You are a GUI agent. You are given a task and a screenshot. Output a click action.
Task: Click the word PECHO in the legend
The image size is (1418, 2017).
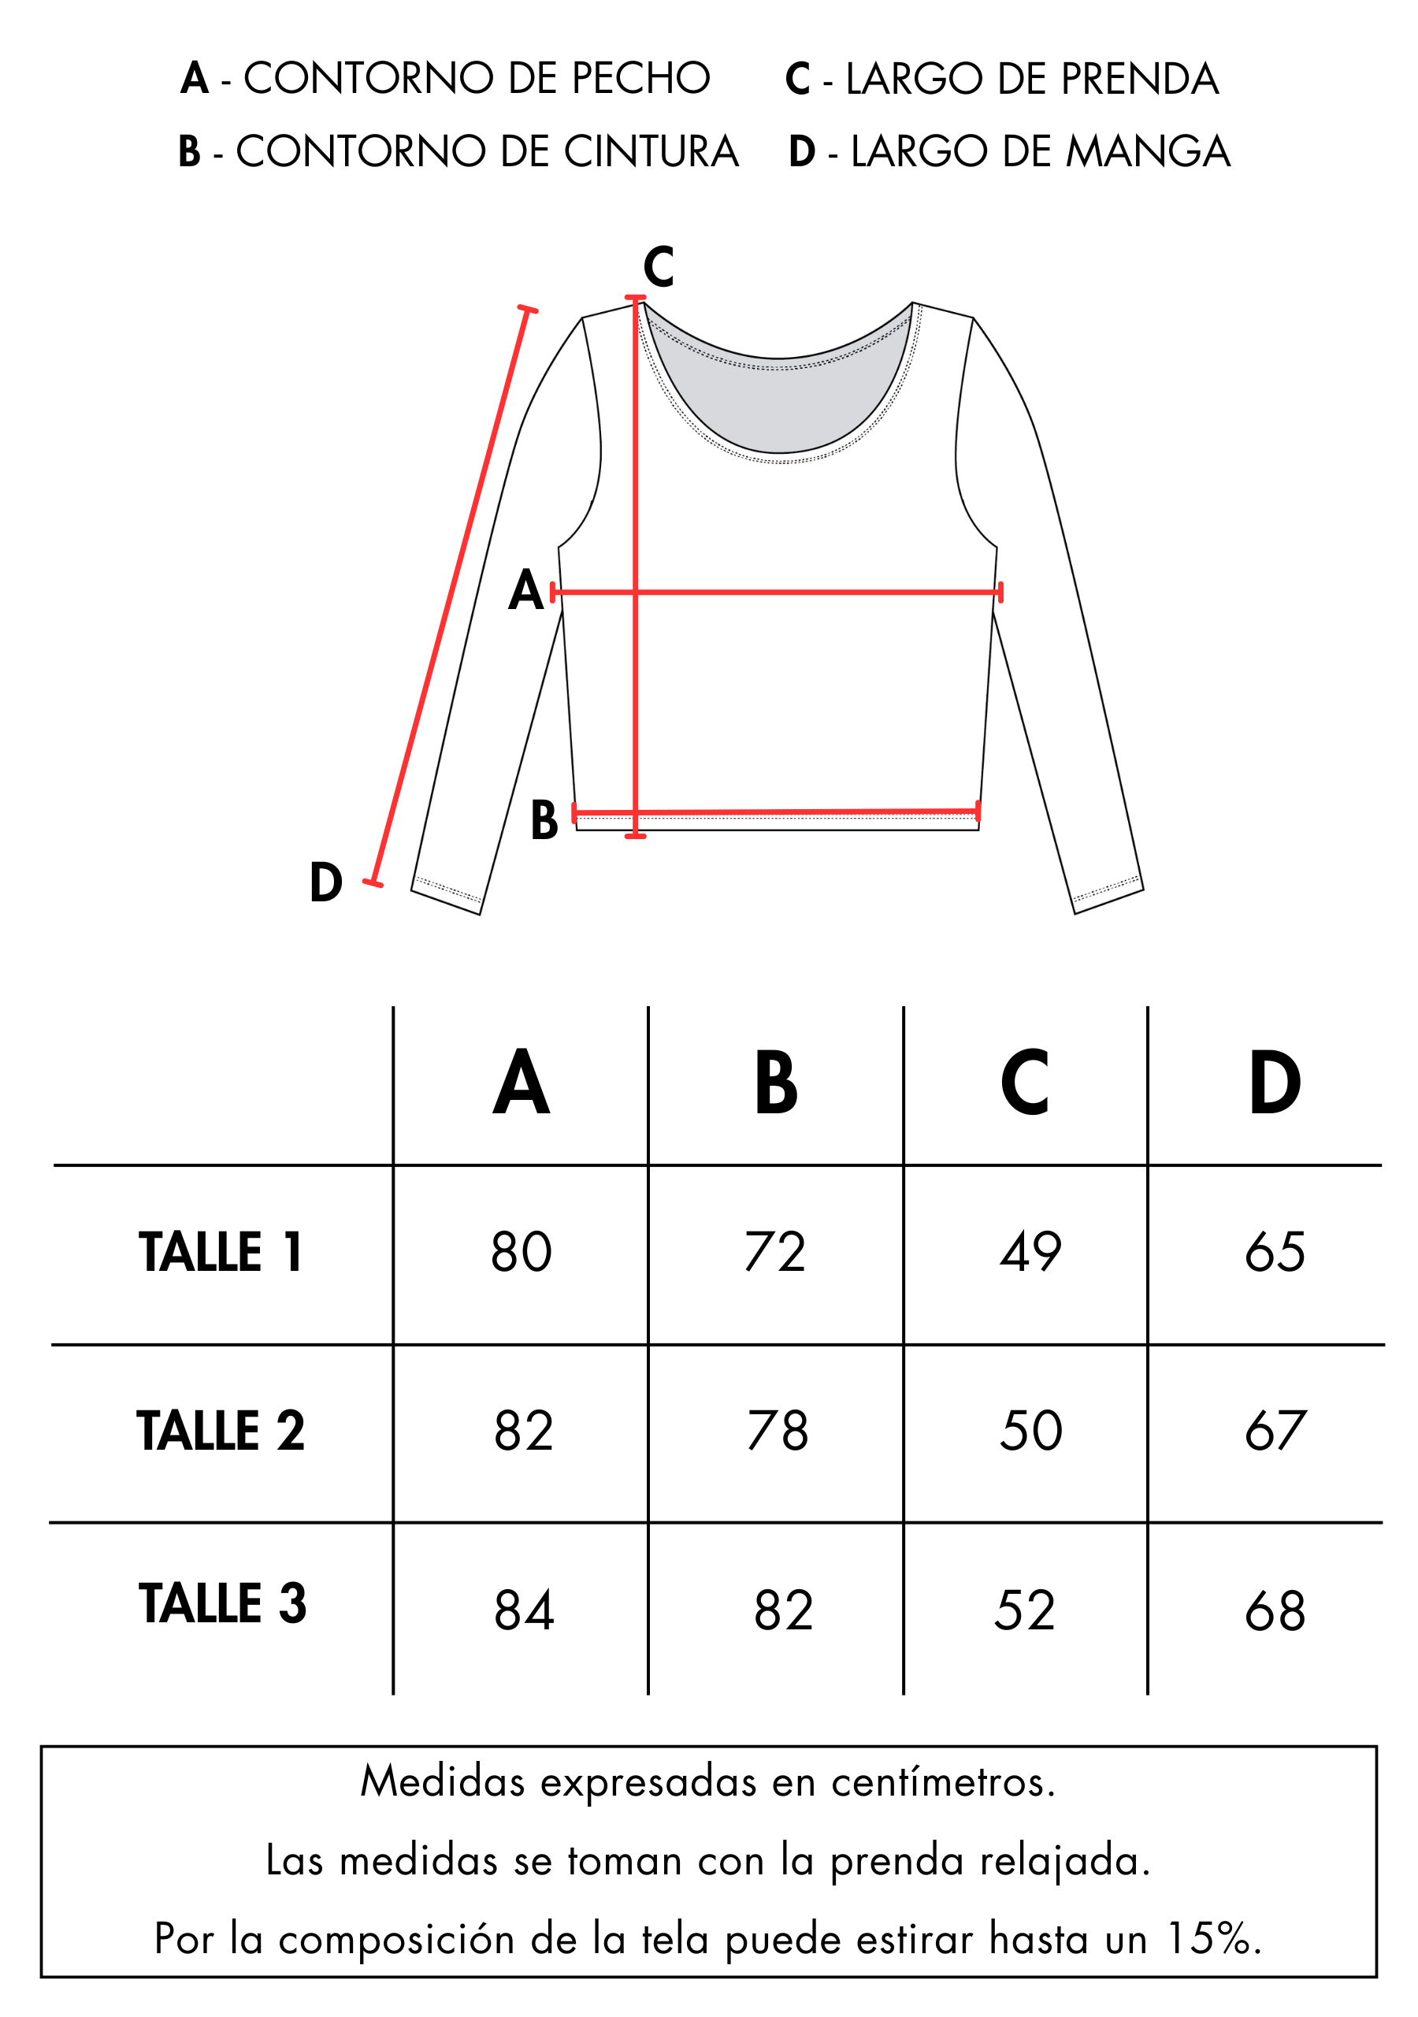point(640,78)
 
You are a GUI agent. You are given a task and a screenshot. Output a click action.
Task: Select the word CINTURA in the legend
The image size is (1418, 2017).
point(651,151)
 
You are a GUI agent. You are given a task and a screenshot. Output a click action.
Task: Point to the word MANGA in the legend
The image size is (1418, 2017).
point(1149,151)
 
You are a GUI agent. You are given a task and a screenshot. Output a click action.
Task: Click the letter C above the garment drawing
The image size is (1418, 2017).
point(658,267)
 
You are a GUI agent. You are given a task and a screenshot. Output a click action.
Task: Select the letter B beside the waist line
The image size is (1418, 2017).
point(544,820)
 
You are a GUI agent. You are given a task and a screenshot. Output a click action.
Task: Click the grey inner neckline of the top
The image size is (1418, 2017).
point(778,396)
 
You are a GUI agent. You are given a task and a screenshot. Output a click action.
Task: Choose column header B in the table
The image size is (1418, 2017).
point(776,1083)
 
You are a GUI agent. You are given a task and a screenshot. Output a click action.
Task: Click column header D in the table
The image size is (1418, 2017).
point(1275,1083)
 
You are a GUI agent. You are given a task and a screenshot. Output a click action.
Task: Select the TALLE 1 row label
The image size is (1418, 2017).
point(221,1251)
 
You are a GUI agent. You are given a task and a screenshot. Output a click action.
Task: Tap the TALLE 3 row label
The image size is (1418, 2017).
point(222,1603)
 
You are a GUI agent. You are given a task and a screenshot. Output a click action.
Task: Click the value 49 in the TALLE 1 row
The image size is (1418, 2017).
point(1030,1251)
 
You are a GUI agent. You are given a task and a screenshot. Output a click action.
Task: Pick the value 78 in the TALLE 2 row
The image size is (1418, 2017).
point(778,1430)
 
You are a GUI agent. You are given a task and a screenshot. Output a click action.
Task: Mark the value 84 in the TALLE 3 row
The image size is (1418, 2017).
point(524,1610)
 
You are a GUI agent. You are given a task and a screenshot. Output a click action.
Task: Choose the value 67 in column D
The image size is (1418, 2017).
point(1275,1430)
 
